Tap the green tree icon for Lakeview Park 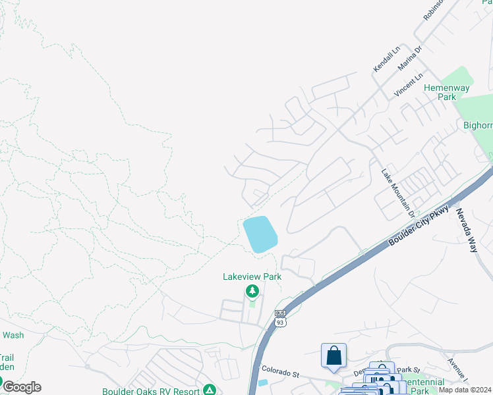pos(252,291)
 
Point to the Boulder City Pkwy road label pos(419,225)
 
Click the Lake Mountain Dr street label pos(397,192)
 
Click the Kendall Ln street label pos(387,59)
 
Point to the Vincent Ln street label pos(408,86)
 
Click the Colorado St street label pos(281,372)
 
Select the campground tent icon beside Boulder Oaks pos(210,390)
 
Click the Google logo pos(21,387)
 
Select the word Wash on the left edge pos(13,335)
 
